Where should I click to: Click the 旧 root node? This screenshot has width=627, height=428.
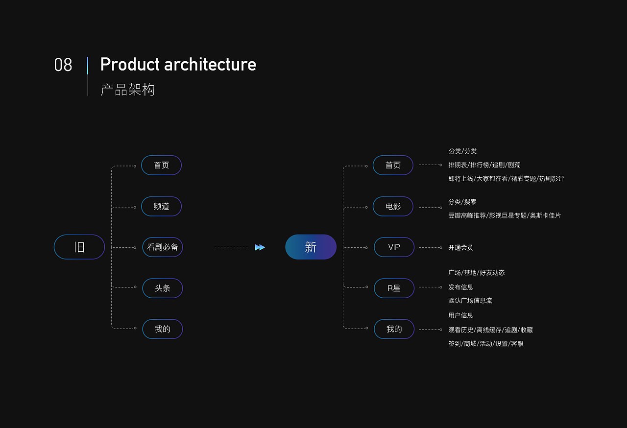[79, 247]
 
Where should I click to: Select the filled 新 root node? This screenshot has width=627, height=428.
[311, 247]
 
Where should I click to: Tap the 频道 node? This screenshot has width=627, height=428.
[161, 206]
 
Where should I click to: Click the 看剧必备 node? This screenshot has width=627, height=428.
[163, 247]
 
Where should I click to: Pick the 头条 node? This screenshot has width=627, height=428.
[163, 288]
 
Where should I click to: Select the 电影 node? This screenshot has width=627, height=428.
[393, 206]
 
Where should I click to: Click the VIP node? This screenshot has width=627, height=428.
[394, 247]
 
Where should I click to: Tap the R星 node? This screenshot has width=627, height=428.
[394, 288]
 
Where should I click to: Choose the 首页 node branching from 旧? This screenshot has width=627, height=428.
[161, 165]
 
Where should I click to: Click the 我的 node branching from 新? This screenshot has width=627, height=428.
[394, 329]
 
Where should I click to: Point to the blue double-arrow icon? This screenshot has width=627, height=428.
[260, 247]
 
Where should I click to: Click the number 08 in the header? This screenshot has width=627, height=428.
[63, 65]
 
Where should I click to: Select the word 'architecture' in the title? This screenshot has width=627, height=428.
[210, 65]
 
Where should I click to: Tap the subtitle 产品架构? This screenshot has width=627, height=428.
[127, 90]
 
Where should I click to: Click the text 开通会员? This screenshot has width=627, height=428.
[460, 248]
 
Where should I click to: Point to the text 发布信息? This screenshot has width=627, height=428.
[460, 287]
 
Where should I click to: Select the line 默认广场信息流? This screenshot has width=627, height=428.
[470, 301]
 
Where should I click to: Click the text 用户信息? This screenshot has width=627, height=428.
[460, 315]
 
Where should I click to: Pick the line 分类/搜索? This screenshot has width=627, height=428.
[462, 202]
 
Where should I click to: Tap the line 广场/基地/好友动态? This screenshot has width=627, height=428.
[476, 273]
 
